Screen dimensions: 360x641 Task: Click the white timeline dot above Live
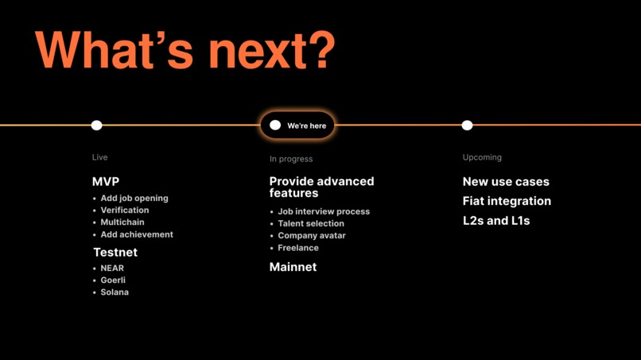(x=97, y=126)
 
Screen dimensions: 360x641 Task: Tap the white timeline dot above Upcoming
(x=467, y=126)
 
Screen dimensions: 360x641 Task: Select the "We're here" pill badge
(x=297, y=126)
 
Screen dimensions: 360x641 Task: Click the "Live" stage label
(x=99, y=157)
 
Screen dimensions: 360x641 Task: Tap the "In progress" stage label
(x=291, y=159)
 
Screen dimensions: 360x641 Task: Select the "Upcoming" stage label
(x=482, y=157)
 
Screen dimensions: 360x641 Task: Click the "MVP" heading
(x=106, y=182)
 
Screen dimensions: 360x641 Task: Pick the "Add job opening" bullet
(x=134, y=199)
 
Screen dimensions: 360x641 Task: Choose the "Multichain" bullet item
(x=122, y=223)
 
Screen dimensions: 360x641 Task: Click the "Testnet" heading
(x=115, y=253)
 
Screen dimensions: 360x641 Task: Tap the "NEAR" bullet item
(x=112, y=269)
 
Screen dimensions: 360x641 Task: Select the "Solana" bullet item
(x=115, y=292)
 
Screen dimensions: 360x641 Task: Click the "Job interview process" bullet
(x=324, y=212)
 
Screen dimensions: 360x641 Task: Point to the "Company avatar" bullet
(x=312, y=236)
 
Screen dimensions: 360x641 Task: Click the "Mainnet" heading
(x=293, y=268)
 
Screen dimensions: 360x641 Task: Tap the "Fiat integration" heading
(x=507, y=202)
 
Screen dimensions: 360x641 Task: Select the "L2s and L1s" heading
(x=496, y=221)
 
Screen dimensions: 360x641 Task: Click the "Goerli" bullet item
(x=113, y=281)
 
